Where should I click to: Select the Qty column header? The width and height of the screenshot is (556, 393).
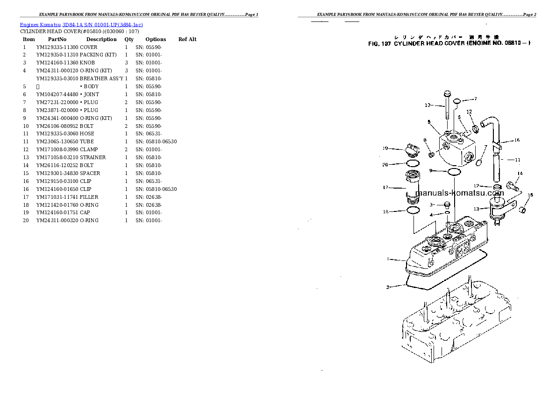tap(129, 39)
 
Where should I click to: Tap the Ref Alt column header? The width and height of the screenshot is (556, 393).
tap(187, 39)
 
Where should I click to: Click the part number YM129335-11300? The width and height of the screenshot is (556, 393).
tap(57, 47)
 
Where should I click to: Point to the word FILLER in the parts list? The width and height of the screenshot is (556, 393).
tap(89, 197)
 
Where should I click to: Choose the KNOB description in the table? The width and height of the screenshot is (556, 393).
tap(87, 63)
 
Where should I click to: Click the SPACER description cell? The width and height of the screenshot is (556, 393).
tap(90, 173)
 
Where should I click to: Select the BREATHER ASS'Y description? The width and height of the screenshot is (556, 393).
tap(101, 78)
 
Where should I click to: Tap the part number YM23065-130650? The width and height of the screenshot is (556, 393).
tap(57, 141)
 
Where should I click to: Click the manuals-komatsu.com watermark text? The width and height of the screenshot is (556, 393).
tap(459, 193)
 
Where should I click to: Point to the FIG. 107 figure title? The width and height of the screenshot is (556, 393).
tap(449, 43)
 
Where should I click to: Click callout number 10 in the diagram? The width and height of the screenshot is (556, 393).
tap(427, 105)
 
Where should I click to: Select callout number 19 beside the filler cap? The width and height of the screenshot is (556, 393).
tap(385, 148)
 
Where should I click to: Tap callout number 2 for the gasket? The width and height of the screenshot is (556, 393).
tap(388, 287)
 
